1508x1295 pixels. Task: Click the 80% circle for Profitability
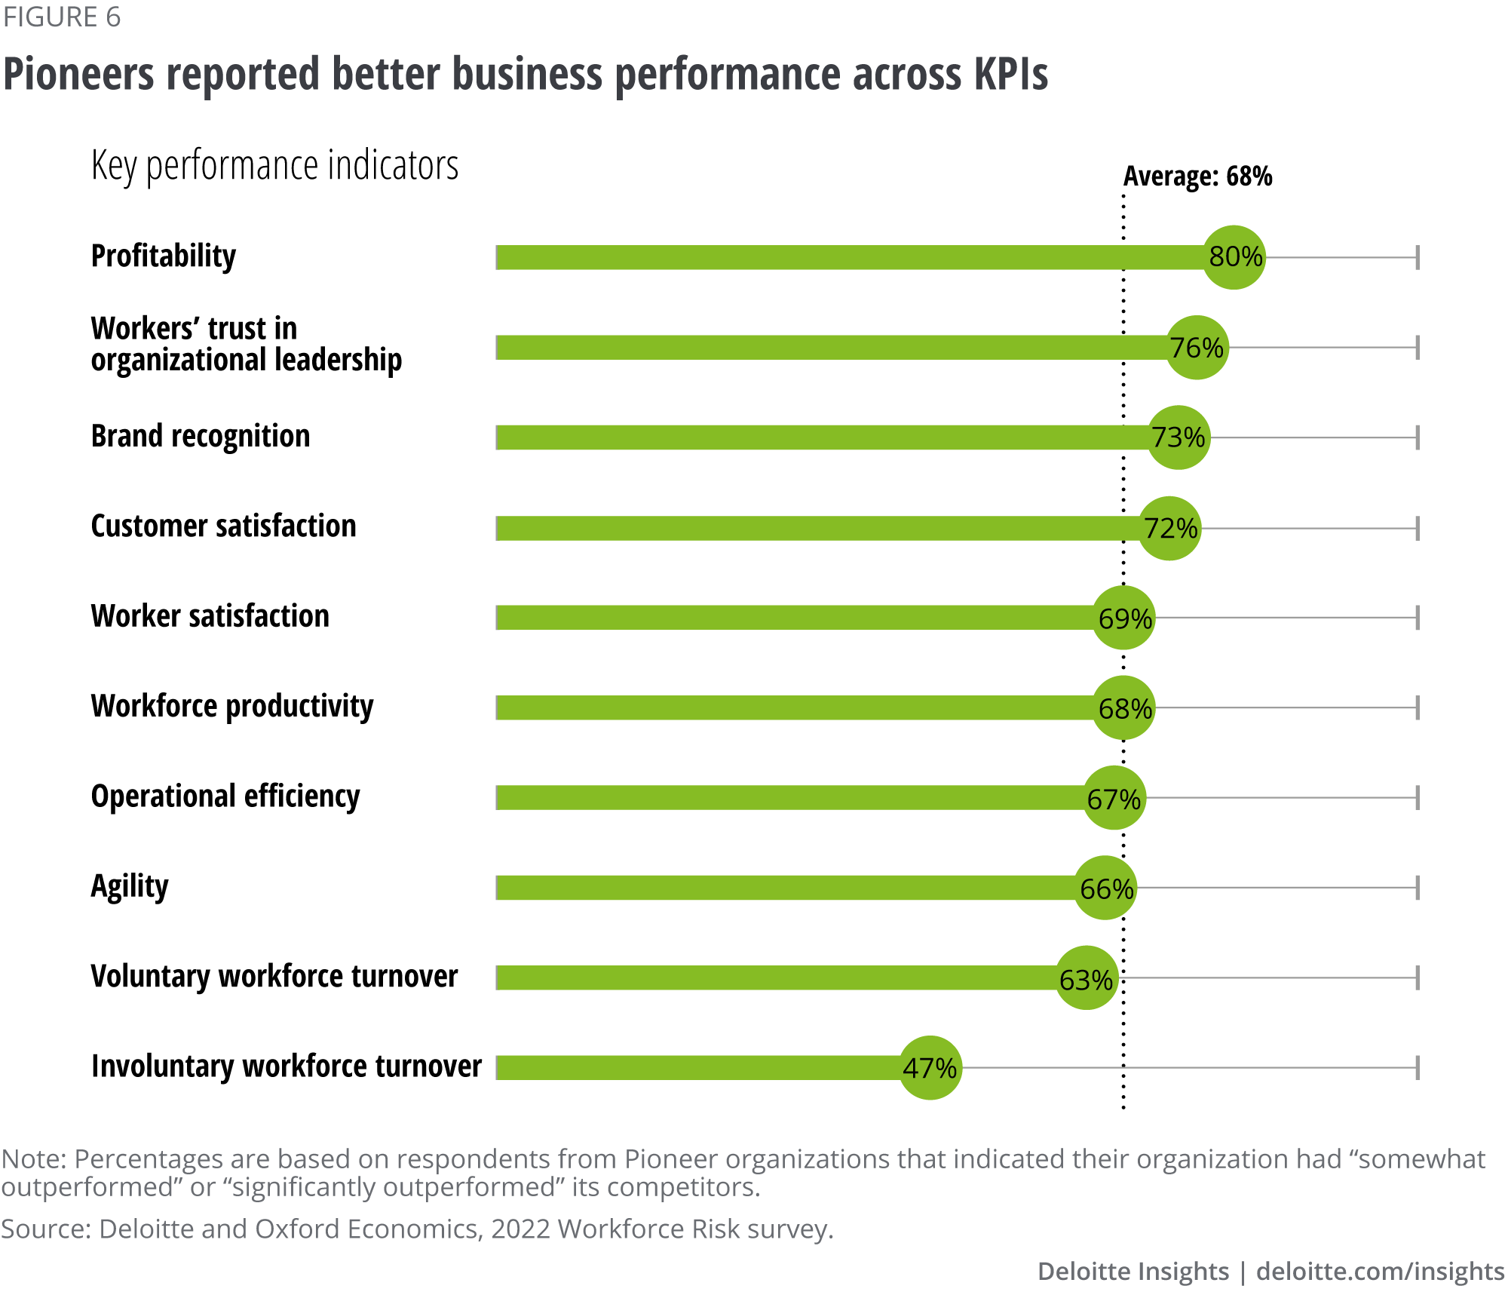pos(1234,257)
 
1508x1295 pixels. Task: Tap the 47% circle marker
pos(930,1067)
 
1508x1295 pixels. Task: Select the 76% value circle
pos(1197,348)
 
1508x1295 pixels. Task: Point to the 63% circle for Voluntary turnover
pos(1086,978)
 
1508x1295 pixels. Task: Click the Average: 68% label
pos(1197,176)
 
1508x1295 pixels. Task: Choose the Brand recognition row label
pos(201,436)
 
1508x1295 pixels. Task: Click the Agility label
pos(130,886)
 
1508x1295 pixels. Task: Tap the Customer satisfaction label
pos(223,526)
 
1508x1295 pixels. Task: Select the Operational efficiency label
pos(225,796)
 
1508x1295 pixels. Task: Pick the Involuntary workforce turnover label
pos(287,1066)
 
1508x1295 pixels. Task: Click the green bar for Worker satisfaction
pos(792,618)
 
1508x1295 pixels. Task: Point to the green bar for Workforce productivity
pos(792,708)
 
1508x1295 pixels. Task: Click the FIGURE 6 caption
pos(62,17)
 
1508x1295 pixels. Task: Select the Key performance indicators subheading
pos(274,165)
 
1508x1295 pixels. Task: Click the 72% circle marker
pos(1169,528)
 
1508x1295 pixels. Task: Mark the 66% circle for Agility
pos(1105,888)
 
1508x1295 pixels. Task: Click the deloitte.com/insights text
pos(1380,1271)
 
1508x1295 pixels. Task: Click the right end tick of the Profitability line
pos(1418,257)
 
